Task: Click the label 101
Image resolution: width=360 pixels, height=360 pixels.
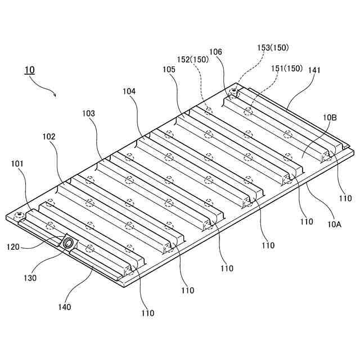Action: (18, 164)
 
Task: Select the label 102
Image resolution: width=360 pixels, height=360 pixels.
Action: (49, 136)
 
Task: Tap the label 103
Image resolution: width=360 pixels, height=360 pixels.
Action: (88, 113)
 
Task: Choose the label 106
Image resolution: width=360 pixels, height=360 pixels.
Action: (216, 52)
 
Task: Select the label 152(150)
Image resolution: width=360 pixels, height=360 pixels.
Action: (193, 58)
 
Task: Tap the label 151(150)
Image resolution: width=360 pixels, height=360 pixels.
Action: (287, 69)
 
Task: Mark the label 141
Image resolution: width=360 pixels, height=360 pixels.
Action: (314, 70)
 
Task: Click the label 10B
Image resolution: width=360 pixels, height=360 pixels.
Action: (330, 118)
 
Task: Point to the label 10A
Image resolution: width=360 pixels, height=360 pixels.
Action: (334, 223)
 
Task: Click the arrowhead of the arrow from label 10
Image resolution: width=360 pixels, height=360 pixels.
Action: (55, 96)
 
